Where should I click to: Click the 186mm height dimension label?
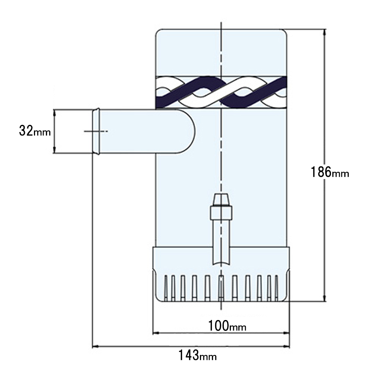click(x=330, y=172)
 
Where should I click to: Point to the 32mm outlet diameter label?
click(x=34, y=131)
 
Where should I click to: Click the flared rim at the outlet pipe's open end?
click(x=96, y=131)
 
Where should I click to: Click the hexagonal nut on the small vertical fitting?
click(x=221, y=213)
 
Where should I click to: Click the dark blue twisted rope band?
click(x=221, y=92)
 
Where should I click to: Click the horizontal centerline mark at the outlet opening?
click(x=96, y=131)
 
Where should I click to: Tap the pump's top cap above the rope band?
click(x=221, y=52)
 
